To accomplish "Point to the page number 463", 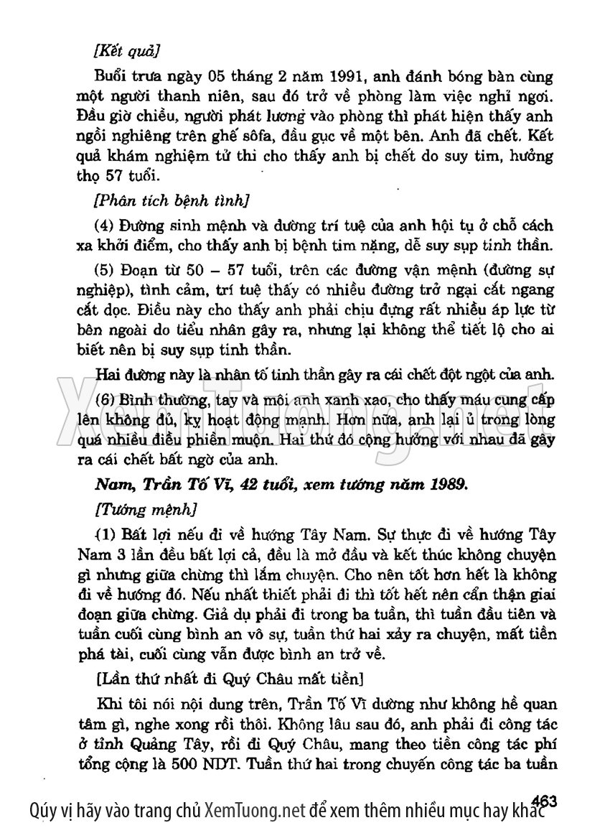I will click(546, 799).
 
